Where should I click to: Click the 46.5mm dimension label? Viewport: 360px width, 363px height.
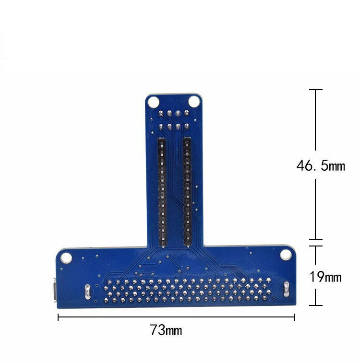(x=321, y=166)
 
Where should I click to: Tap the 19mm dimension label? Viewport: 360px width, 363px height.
(x=325, y=277)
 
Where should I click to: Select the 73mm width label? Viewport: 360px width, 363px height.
(x=166, y=329)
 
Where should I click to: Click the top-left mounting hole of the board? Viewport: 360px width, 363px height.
(x=153, y=102)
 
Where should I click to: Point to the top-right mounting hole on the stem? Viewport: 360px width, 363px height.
(x=194, y=101)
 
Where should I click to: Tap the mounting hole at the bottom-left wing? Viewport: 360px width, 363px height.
(x=66, y=258)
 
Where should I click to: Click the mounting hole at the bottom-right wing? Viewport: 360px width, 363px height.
(x=286, y=255)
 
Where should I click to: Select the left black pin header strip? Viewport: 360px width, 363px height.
(x=162, y=192)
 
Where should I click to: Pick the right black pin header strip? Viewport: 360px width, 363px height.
(x=187, y=192)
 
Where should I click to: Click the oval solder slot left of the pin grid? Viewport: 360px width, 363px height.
(x=87, y=292)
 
